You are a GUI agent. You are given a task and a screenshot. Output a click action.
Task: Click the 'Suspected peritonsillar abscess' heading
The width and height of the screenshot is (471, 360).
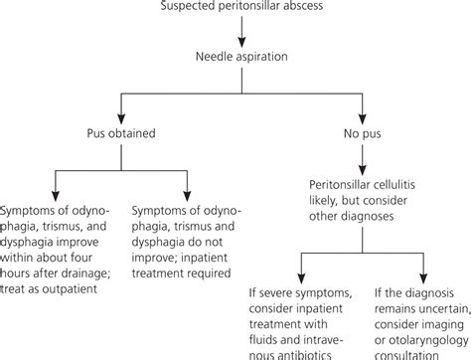(x=235, y=8)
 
